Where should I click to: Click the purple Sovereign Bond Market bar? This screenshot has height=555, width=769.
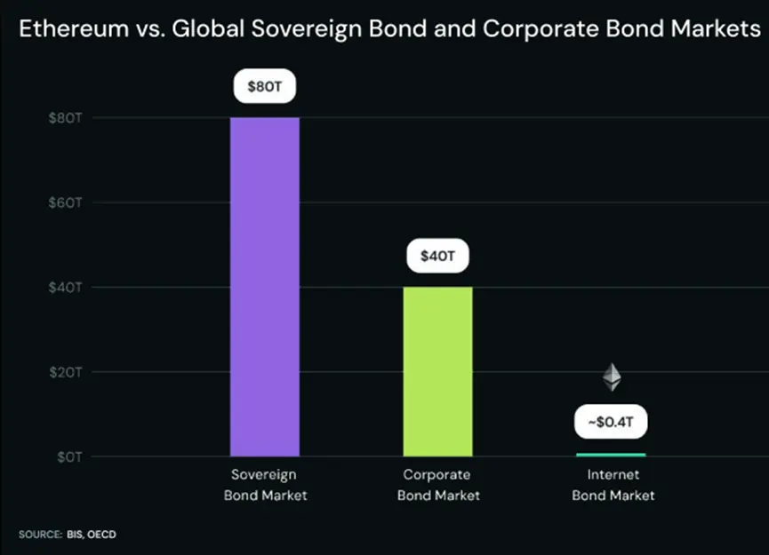(265, 286)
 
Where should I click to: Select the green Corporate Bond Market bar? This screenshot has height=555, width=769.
(437, 371)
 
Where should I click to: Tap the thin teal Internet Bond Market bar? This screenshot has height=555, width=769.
(612, 455)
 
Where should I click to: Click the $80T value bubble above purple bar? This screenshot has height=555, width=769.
(265, 88)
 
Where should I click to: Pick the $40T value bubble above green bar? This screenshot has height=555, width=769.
(437, 258)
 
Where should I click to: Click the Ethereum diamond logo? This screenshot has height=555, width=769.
(612, 377)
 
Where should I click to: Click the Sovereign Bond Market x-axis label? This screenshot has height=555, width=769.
(265, 485)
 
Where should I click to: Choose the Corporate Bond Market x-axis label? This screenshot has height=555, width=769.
(437, 485)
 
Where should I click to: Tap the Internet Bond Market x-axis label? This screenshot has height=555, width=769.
(612, 485)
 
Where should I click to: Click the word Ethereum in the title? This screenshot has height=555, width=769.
(72, 28)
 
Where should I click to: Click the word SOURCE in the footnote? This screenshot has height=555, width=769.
(37, 535)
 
